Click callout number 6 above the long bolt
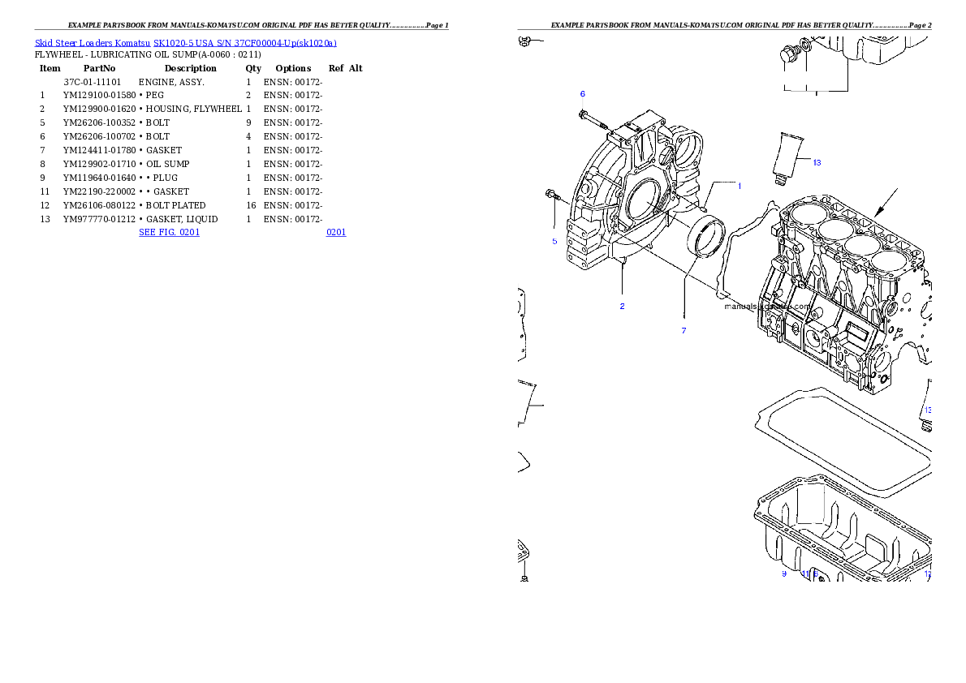pos(582,94)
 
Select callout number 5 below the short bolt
pos(554,241)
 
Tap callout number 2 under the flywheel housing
pos(622,306)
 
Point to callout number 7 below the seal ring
pos(684,330)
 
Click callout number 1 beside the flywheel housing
pos(739,186)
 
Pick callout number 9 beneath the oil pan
pos(784,573)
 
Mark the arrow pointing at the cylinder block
pos(886,202)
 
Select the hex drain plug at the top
pos(786,57)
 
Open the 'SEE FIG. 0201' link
pos(168,232)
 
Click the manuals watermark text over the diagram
pos(767,307)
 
